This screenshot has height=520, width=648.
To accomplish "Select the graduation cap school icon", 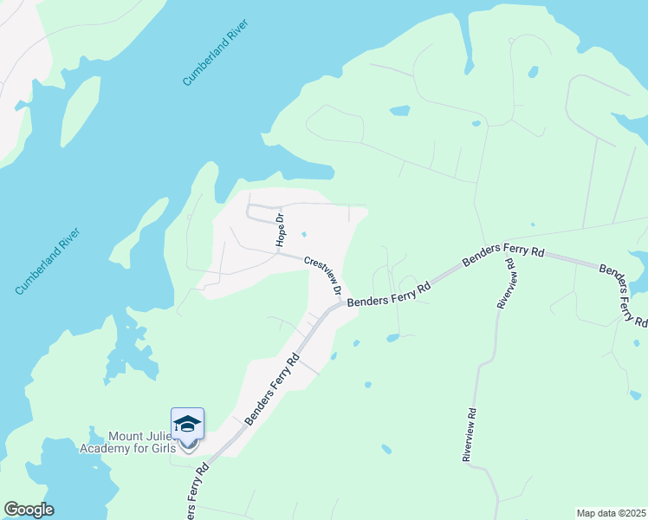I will (187, 423).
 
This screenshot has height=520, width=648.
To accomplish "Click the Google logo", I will (29, 510).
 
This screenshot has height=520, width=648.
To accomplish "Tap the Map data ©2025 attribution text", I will (611, 513).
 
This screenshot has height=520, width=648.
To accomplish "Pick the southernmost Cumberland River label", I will (49, 261).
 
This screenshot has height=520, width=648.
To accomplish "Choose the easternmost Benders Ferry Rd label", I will (623, 296).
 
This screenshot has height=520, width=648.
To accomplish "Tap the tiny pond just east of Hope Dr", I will (303, 234).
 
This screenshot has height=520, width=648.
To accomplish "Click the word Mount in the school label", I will (125, 437).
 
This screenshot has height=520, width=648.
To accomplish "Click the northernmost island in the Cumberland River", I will (80, 111).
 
